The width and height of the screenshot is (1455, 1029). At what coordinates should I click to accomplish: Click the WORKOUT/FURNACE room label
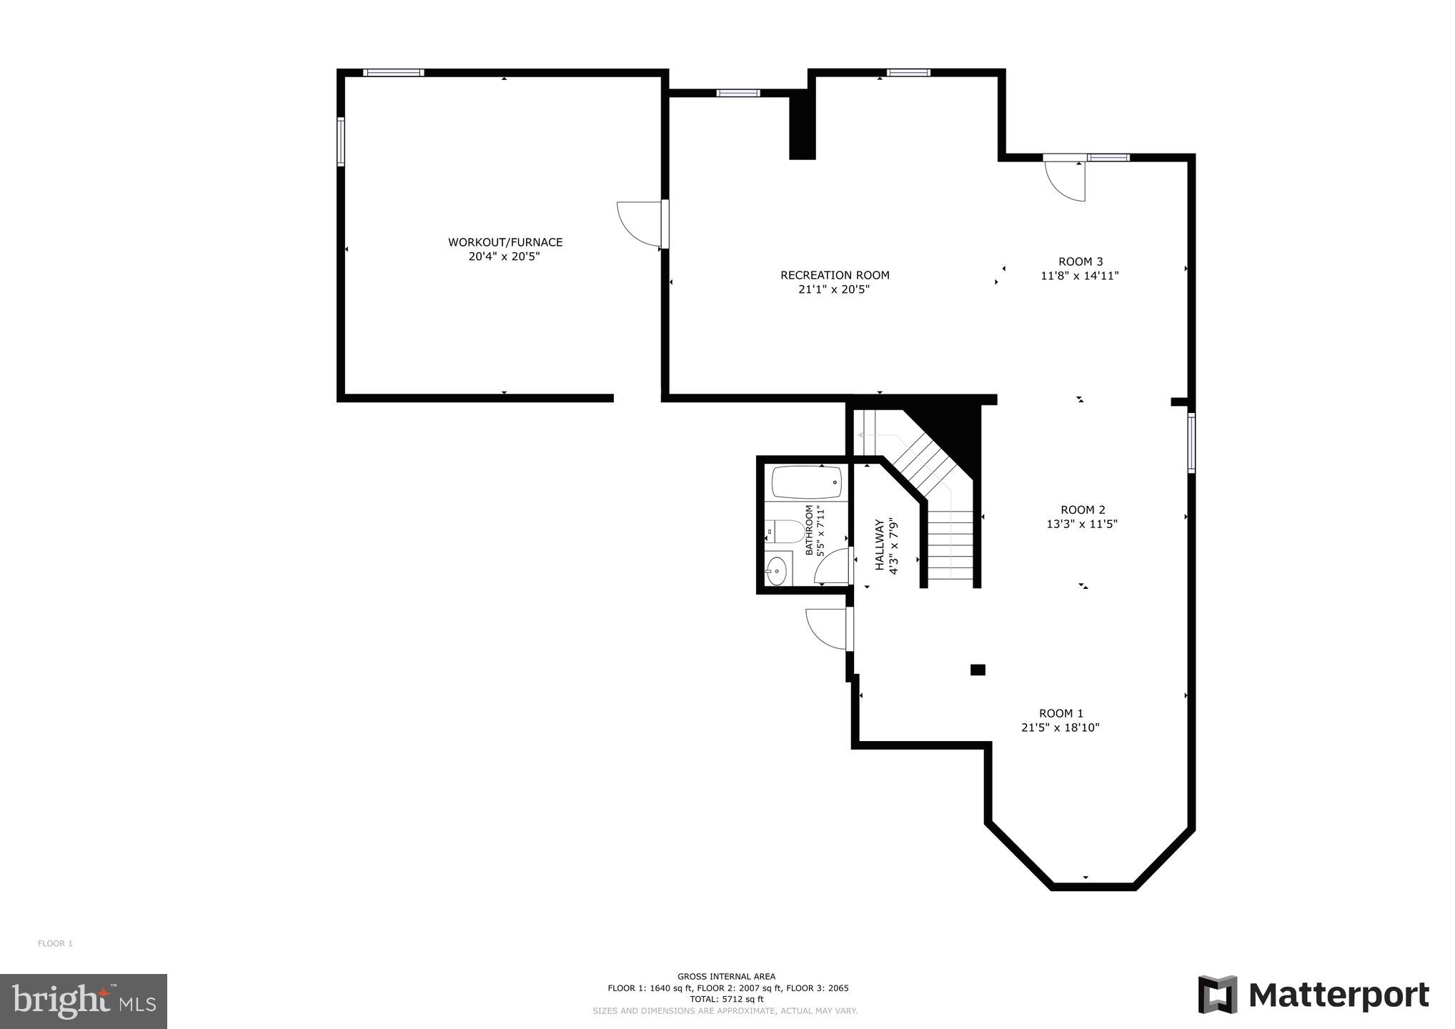click(x=505, y=242)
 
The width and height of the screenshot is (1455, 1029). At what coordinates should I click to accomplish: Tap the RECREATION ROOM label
click(x=835, y=275)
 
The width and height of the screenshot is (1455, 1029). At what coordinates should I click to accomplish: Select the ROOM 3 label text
click(x=1080, y=262)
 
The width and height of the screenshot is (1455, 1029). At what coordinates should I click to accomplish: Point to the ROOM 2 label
click(x=1082, y=509)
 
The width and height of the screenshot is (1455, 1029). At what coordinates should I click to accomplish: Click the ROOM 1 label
click(x=1061, y=713)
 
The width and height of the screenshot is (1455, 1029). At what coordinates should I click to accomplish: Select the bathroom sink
click(x=776, y=570)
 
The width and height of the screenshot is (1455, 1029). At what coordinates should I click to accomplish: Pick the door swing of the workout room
click(x=638, y=224)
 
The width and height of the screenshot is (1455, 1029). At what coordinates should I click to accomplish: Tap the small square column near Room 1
click(x=978, y=670)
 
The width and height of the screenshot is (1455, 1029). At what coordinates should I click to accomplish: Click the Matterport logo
click(x=1314, y=995)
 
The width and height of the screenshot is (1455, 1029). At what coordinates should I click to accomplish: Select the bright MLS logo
click(x=84, y=1000)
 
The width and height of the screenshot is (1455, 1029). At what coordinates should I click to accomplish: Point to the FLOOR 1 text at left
click(x=55, y=943)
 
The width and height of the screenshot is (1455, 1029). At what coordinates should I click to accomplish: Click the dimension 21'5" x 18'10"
click(x=1060, y=728)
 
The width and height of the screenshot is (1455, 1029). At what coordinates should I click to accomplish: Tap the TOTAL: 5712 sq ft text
click(x=726, y=999)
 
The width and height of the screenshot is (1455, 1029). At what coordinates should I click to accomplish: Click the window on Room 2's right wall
click(x=1191, y=443)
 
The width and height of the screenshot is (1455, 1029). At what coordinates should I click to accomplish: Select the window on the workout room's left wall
click(x=341, y=141)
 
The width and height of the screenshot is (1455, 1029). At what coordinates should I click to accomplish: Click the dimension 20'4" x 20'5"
click(x=504, y=257)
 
